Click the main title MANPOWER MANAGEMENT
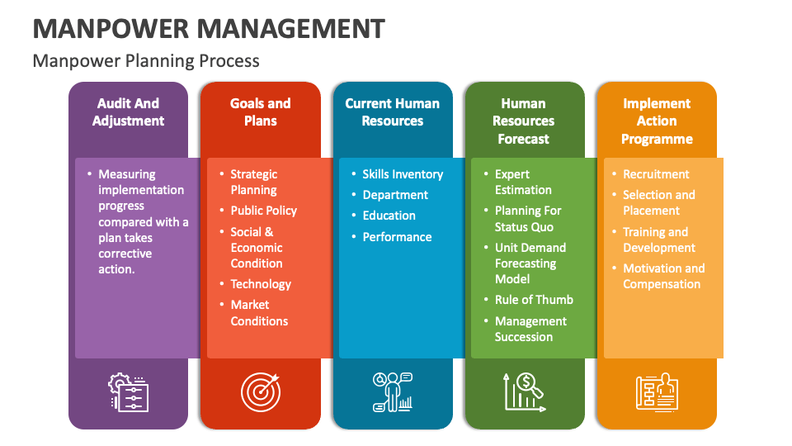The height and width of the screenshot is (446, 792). click(209, 29)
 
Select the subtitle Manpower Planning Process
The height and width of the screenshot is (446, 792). click(146, 61)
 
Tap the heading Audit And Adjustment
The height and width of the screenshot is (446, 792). click(128, 112)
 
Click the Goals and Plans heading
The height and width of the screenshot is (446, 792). click(260, 112)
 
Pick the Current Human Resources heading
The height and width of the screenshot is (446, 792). click(392, 112)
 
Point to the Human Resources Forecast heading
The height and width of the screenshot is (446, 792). click(523, 121)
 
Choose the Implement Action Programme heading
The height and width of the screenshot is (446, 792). click(657, 121)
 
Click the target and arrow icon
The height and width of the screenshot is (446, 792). click(260, 391)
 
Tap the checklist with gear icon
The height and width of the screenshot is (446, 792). click(129, 391)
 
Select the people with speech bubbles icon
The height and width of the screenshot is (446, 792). click(393, 391)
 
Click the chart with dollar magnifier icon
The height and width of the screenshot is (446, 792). click(524, 391)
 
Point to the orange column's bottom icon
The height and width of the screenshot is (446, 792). click(657, 391)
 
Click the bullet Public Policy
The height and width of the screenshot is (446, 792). click(263, 211)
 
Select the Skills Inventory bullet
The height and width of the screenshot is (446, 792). click(403, 174)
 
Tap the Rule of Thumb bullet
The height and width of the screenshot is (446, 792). click(534, 300)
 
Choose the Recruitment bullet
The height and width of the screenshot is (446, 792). click(656, 174)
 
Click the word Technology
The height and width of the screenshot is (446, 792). click(261, 284)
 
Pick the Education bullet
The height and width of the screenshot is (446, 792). click(389, 216)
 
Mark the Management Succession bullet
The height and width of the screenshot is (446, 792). click(530, 329)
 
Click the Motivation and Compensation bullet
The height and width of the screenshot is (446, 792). click(663, 276)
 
